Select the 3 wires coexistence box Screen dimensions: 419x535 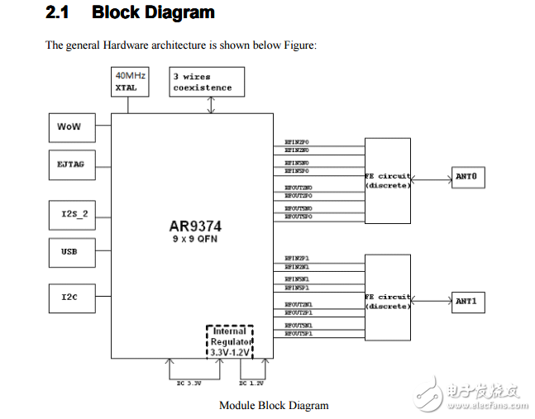click(x=203, y=82)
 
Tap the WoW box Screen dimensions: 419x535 click(x=69, y=127)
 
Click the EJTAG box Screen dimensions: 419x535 click(x=69, y=164)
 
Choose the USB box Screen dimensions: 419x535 click(x=69, y=251)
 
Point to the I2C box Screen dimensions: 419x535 click(x=69, y=297)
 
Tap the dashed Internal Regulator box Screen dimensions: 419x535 click(x=229, y=342)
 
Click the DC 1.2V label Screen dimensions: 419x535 click(x=251, y=383)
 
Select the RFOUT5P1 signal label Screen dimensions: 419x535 click(x=298, y=334)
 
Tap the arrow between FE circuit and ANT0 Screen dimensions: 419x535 click(x=432, y=176)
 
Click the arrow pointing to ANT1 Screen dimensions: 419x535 click(x=432, y=301)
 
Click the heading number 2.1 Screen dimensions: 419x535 click(x=57, y=13)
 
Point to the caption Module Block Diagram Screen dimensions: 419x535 click(x=274, y=405)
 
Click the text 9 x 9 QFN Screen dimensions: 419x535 click(x=194, y=238)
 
